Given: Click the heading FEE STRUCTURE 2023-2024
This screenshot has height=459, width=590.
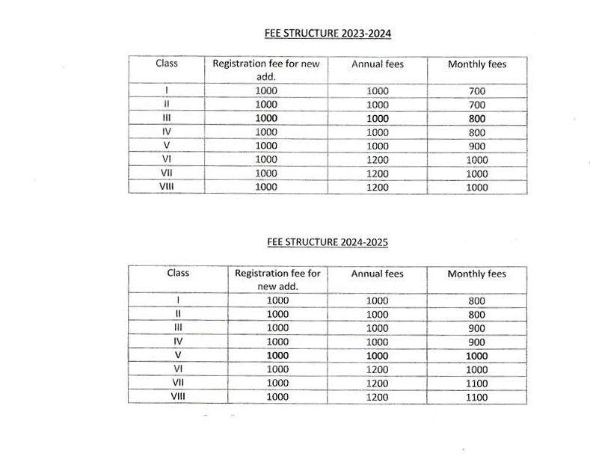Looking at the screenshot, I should pyautogui.click(x=328, y=34).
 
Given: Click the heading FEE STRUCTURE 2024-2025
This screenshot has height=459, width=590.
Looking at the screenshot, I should pyautogui.click(x=328, y=242).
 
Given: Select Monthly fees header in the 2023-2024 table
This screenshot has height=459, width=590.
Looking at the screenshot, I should pyautogui.click(x=476, y=64).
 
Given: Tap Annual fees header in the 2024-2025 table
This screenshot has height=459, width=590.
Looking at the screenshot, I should pyautogui.click(x=377, y=274).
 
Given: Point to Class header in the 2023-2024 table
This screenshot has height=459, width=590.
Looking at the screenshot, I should pyautogui.click(x=166, y=64).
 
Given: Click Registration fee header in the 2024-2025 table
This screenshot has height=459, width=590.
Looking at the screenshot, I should pyautogui.click(x=277, y=280).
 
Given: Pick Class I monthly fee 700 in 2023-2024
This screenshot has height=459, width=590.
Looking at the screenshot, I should pyautogui.click(x=476, y=91).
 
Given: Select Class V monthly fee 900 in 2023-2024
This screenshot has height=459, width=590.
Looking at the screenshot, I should pyautogui.click(x=476, y=146).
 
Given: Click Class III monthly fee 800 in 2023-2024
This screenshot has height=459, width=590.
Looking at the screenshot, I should pyautogui.click(x=476, y=119).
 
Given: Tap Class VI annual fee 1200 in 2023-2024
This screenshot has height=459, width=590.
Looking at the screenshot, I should pyautogui.click(x=378, y=159).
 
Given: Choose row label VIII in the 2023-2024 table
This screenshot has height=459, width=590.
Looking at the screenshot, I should pyautogui.click(x=166, y=187).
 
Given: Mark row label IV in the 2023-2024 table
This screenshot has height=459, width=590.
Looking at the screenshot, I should pyautogui.click(x=166, y=132).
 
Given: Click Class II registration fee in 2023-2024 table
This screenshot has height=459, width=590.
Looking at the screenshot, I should pyautogui.click(x=265, y=105).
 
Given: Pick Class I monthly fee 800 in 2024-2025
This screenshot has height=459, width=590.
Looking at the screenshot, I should pyautogui.click(x=476, y=301).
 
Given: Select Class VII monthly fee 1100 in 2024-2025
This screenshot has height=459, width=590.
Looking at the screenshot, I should pyautogui.click(x=476, y=383).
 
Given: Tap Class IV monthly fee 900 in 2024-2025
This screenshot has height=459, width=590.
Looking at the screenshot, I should pyautogui.click(x=476, y=342).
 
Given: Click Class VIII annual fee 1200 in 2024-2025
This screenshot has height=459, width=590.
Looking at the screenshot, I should pyautogui.click(x=378, y=397).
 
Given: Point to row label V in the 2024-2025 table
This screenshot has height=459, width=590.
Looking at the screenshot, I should pyautogui.click(x=177, y=356).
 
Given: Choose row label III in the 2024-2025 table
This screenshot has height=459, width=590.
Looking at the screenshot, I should pyautogui.click(x=177, y=328).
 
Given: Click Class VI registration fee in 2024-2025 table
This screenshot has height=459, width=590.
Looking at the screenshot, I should pyautogui.click(x=277, y=369).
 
